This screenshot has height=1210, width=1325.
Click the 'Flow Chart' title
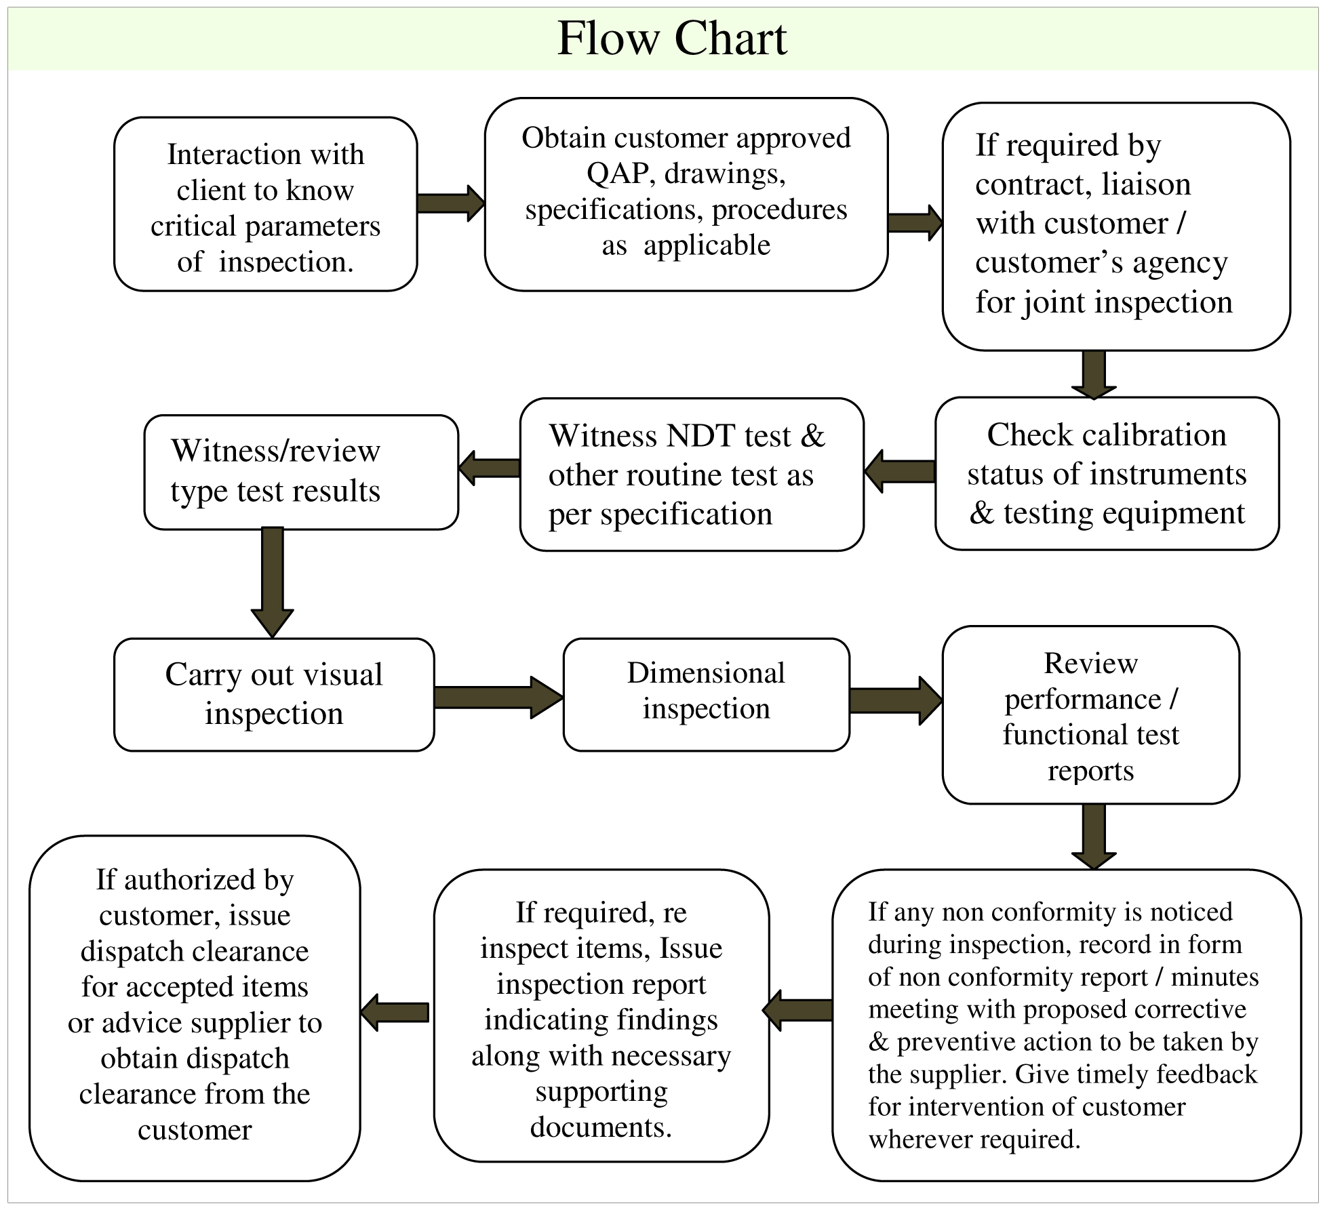pyautogui.click(x=671, y=39)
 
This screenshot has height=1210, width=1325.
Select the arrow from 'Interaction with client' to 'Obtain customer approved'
pyautogui.click(x=451, y=203)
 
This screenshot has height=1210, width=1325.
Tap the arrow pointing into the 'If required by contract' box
pyautogui.click(x=915, y=222)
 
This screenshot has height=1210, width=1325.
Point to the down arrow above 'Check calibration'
pyautogui.click(x=1094, y=374)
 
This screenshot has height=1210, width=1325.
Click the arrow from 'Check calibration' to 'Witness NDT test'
pyautogui.click(x=900, y=471)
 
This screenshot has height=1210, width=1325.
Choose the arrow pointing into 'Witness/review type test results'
pyautogui.click(x=489, y=468)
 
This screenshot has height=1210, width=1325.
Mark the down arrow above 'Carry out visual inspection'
pyautogui.click(x=272, y=582)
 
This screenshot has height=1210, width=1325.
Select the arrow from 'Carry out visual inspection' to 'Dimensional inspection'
pyautogui.click(x=498, y=697)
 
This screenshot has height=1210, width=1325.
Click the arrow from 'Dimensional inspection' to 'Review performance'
pyautogui.click(x=896, y=700)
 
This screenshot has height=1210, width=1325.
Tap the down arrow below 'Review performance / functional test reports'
pyautogui.click(x=1094, y=836)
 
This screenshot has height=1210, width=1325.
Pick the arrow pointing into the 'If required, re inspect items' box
pyautogui.click(x=797, y=1010)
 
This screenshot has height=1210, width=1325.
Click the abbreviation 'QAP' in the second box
pyautogui.click(x=618, y=174)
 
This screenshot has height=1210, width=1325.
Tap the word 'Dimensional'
pyautogui.click(x=706, y=673)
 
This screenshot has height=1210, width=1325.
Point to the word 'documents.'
pyautogui.click(x=601, y=1127)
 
